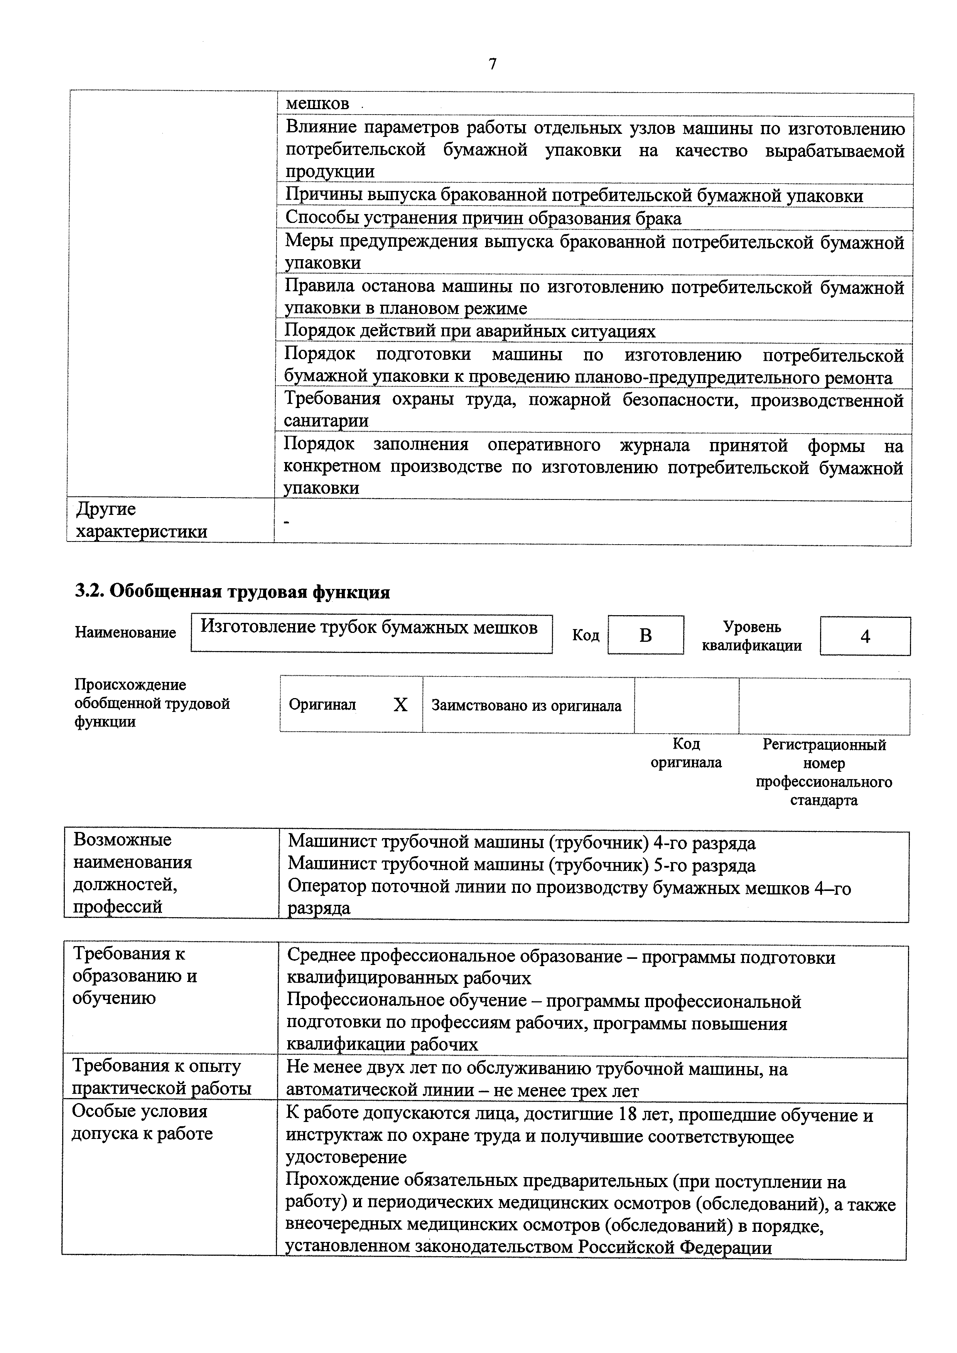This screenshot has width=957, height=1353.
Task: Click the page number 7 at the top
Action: [493, 64]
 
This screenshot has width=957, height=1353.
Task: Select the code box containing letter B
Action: [645, 635]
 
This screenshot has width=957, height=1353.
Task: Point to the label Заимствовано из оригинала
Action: [526, 705]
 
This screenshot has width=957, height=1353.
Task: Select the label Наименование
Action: [125, 633]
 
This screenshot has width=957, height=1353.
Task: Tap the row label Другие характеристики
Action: [142, 520]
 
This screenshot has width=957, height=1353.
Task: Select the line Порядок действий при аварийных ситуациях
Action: [470, 331]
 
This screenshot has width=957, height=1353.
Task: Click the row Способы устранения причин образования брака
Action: [483, 219]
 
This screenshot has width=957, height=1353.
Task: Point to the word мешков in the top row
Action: [317, 104]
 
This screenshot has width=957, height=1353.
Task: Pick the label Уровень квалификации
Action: [751, 636]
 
